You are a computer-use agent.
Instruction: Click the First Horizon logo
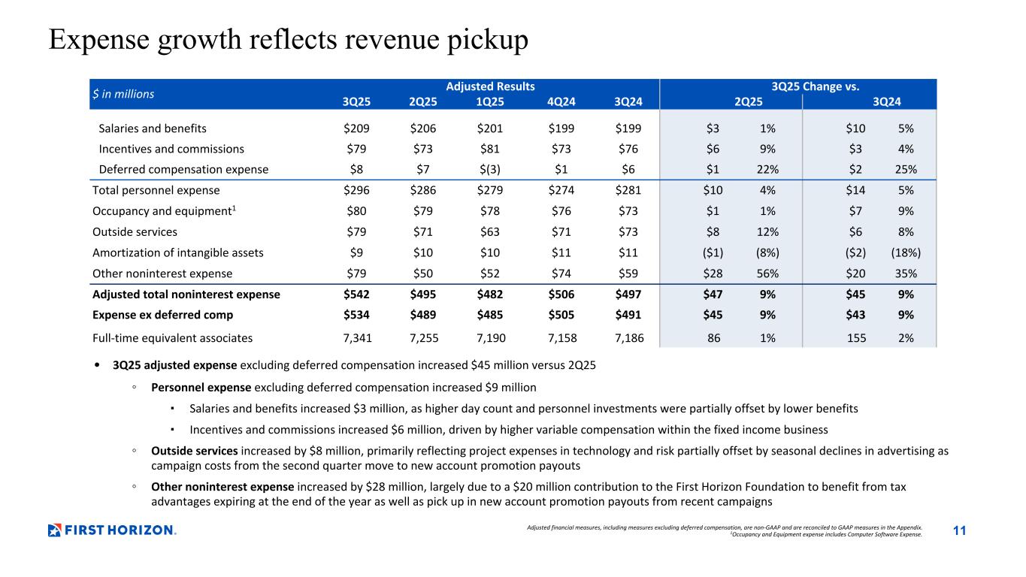point(112,530)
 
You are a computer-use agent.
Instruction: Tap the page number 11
point(959,531)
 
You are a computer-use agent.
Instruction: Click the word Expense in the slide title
point(97,41)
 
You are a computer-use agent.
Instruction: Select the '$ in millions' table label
point(123,94)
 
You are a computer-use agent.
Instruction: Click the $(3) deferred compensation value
point(493,169)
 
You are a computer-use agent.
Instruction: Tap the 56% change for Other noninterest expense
point(767,273)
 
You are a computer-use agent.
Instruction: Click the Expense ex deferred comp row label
point(162,315)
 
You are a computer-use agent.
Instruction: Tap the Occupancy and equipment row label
point(162,211)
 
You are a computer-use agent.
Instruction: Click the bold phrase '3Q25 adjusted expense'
point(175,366)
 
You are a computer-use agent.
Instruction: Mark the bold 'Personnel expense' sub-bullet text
point(201,388)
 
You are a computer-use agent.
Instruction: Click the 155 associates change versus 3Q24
point(855,338)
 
